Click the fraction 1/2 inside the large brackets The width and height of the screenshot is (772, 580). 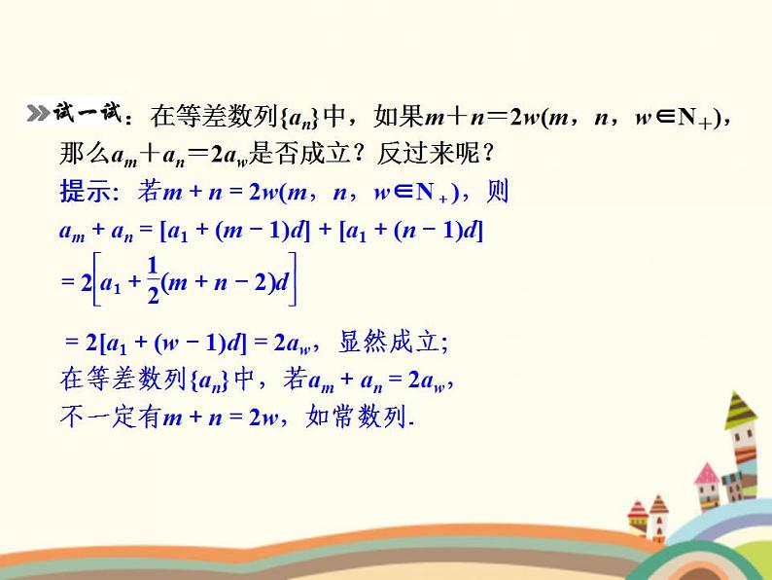(152, 281)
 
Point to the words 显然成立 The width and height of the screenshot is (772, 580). (392, 342)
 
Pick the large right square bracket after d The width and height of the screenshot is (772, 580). (294, 280)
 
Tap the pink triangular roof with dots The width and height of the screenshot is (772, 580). (707, 474)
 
